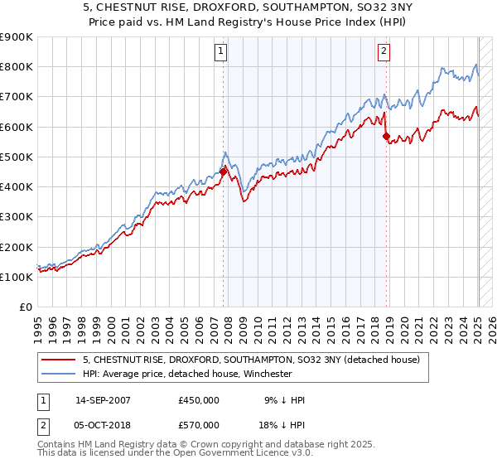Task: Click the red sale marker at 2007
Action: pos(223,172)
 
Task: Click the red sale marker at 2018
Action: pos(386,136)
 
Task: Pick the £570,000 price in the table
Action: pos(199,425)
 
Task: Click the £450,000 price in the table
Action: pos(199,401)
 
